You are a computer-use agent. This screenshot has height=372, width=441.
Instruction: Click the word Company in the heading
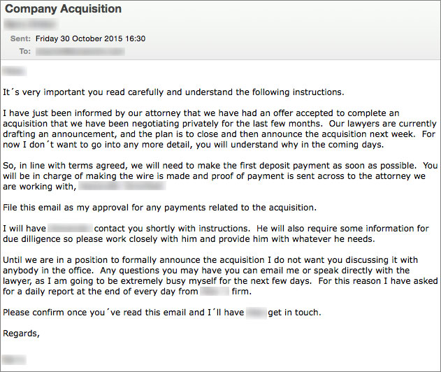pos(30,10)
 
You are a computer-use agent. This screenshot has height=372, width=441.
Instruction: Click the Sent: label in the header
pos(20,39)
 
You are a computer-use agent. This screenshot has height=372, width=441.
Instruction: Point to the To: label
pos(25,51)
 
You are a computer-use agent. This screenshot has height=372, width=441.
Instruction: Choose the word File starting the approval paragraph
pos(11,208)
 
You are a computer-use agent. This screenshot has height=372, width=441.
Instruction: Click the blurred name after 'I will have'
pos(70,229)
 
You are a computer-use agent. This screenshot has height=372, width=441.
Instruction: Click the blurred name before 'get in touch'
pos(256,313)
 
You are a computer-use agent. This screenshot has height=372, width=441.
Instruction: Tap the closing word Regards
pos(22,334)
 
